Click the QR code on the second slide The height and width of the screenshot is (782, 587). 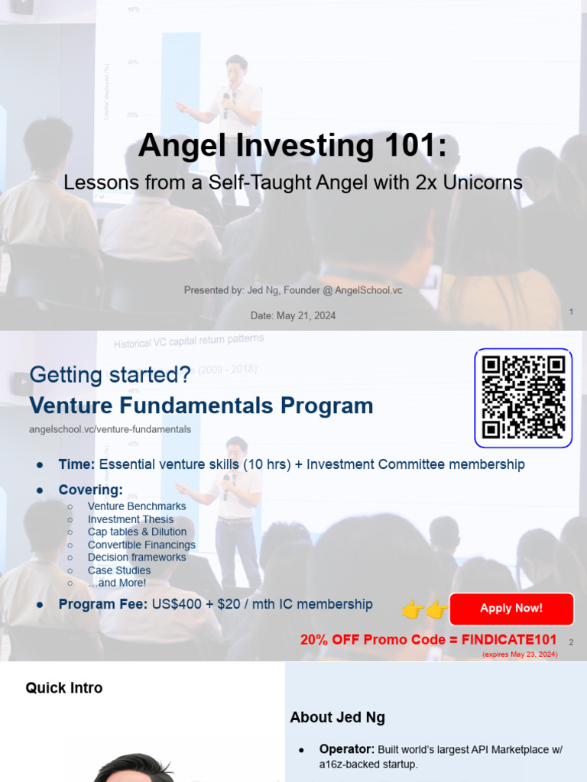click(524, 398)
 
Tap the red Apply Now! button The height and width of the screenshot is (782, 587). click(511, 609)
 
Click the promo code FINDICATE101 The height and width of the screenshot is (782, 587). click(509, 640)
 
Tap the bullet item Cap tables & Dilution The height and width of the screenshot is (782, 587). click(137, 532)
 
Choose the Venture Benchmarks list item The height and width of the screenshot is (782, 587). click(137, 506)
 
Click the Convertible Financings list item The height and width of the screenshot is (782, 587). click(141, 544)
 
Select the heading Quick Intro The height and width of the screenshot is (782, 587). click(64, 688)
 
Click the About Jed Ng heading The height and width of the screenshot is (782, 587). click(337, 717)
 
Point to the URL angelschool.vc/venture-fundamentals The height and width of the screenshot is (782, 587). click(110, 429)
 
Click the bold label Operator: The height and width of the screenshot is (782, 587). click(346, 750)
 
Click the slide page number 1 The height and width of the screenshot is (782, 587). click(571, 312)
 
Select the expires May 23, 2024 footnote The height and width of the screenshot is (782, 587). click(520, 654)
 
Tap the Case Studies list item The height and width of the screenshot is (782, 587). click(119, 570)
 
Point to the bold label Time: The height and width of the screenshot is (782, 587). click(76, 464)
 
